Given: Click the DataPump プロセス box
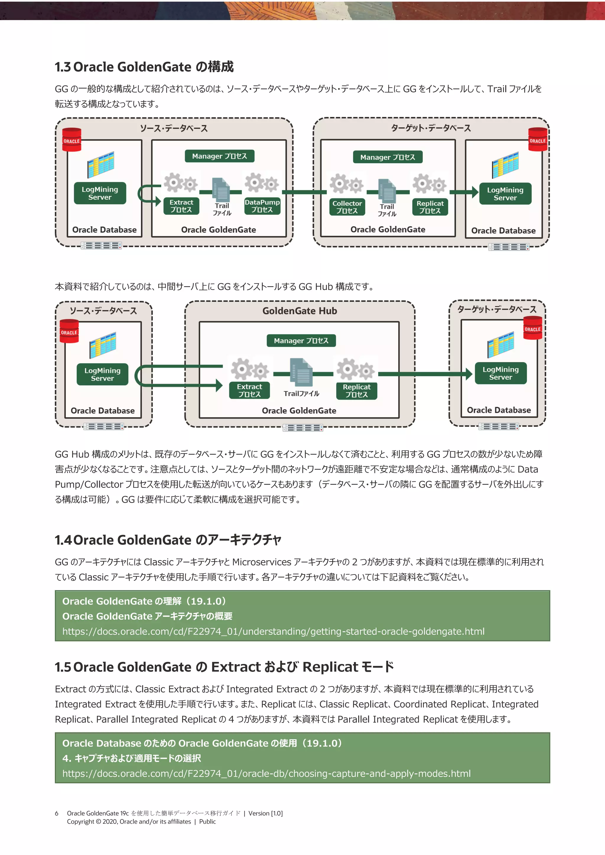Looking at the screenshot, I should pos(262,206).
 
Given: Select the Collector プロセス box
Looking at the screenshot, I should pos(347,207).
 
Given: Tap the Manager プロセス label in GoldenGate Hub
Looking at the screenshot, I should pos(301,341).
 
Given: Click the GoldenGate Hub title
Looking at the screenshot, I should pos(300,311).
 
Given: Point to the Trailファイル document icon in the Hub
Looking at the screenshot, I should pos(301,372).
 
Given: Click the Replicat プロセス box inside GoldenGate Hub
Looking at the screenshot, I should pos(357,391).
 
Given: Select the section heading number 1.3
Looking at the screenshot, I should pos(63,67).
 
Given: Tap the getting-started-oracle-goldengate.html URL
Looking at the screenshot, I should pos(273,631).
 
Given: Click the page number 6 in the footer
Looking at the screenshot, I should pos(57,813).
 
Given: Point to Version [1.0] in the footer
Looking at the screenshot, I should pos(266,813).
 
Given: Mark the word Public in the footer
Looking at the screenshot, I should pos(207,822).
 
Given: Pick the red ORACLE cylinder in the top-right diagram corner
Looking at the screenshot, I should pos(538,140).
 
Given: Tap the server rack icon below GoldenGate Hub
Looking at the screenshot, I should pos(303,428).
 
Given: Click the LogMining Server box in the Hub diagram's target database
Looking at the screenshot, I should pos(501,373).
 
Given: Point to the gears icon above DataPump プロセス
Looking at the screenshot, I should pos(261,183).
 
